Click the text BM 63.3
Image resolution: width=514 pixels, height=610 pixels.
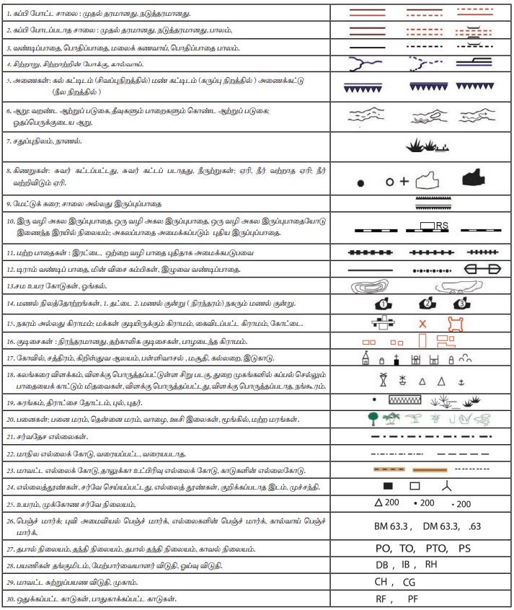point(389,527)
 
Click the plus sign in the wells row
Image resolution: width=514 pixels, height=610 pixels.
point(404,182)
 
